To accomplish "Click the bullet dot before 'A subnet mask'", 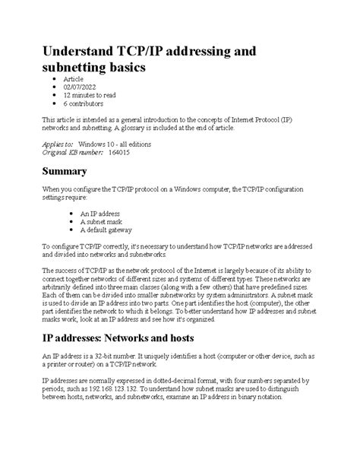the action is pyautogui.click(x=71, y=222).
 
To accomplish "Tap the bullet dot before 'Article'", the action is pyautogui.click(x=51, y=79).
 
